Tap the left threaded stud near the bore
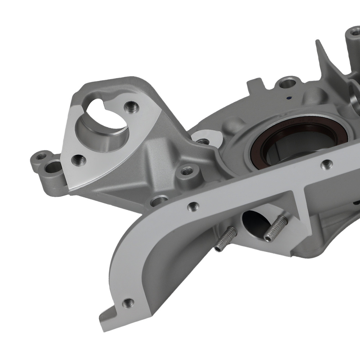click(223, 239)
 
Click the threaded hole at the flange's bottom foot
click(127, 303)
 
